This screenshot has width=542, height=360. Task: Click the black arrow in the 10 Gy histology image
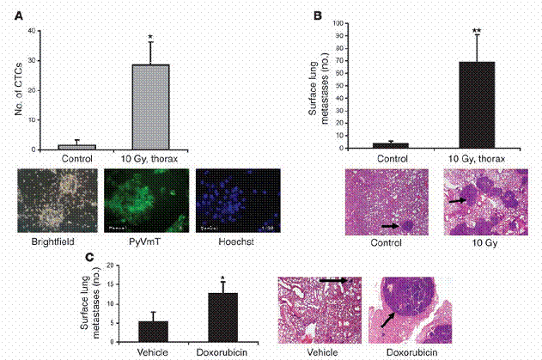click(x=458, y=200)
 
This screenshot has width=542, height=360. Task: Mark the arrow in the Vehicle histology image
click(x=331, y=280)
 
